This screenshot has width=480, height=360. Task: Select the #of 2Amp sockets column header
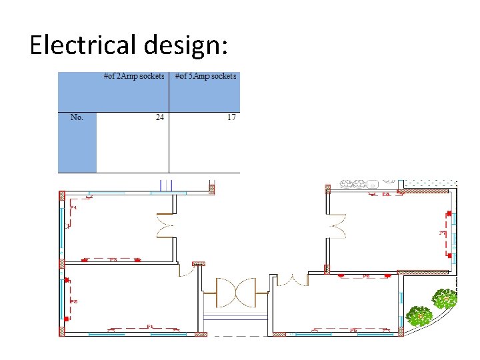coord(134,77)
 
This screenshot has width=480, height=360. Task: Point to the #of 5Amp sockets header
coord(205,77)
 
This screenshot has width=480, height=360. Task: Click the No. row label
coord(77,117)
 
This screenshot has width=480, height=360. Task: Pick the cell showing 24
coord(160,117)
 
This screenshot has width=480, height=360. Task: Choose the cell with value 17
coord(231,117)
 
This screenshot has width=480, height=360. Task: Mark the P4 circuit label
coord(74,208)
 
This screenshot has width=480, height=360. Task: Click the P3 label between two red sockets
coord(113,259)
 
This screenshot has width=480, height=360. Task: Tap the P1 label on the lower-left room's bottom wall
coord(150,327)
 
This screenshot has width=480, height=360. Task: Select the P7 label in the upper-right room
coord(441,233)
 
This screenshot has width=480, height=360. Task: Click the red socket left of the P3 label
coord(86,259)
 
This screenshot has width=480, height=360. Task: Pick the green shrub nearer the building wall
coord(419,315)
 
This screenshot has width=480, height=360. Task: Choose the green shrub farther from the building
coord(445,298)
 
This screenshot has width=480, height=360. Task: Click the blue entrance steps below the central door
coord(235,317)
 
